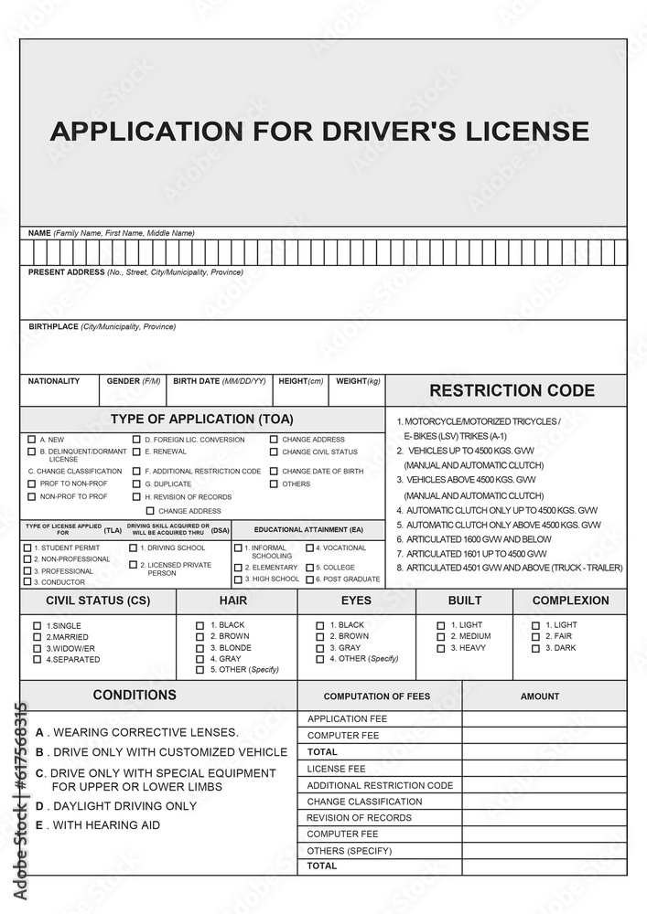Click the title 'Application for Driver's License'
319,131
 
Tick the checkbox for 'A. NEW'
32,440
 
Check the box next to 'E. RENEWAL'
136,452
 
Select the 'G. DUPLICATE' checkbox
136,484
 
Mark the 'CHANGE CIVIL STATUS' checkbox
274,452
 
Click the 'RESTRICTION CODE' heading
512,391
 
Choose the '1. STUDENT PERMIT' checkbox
27,547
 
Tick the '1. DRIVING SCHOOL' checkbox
133,548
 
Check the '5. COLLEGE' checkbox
309,567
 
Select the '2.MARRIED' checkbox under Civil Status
38,636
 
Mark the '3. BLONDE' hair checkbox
199,647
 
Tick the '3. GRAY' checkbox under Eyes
319,647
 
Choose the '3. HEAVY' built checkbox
440,648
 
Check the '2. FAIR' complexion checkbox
535,636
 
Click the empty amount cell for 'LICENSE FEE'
544,769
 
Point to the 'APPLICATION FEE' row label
347,719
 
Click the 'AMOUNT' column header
540,696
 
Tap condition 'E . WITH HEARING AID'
98,825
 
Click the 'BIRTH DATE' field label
220,381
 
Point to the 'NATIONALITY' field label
54,381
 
